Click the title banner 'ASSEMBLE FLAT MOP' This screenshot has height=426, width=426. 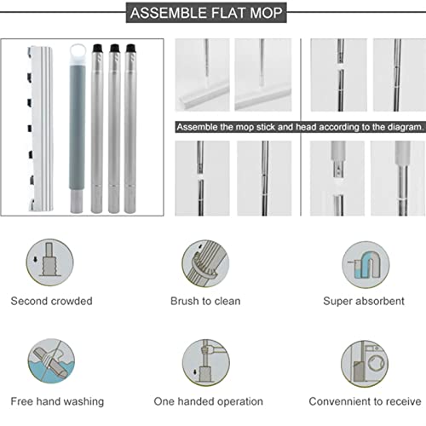pyautogui.click(x=212, y=14)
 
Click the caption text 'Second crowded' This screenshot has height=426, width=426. pyautogui.click(x=52, y=301)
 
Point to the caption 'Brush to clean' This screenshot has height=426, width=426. pyautogui.click(x=204, y=301)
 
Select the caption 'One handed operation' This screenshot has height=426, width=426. pyautogui.click(x=209, y=400)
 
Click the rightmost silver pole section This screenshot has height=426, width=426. pyautogui.click(x=130, y=128)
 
